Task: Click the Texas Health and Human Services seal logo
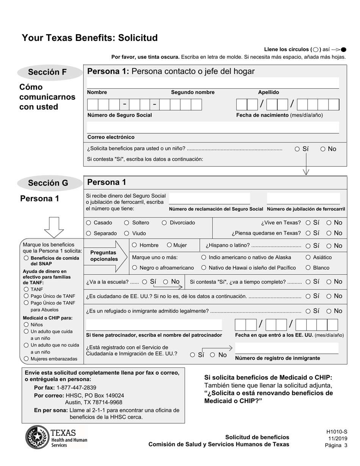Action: click(x=37, y=437)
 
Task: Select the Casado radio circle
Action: click(x=89, y=223)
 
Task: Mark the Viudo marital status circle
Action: click(x=127, y=233)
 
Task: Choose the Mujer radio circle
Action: click(x=169, y=245)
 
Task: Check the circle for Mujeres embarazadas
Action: click(x=26, y=358)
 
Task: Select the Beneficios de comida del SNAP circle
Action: click(x=26, y=258)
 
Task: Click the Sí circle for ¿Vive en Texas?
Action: click(x=308, y=223)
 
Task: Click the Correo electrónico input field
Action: click(x=213, y=128)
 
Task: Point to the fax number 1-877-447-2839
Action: click(x=76, y=388)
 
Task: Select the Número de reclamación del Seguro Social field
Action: click(x=209, y=199)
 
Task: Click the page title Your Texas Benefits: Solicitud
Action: click(x=90, y=38)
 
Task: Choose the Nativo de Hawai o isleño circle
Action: click(x=204, y=268)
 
